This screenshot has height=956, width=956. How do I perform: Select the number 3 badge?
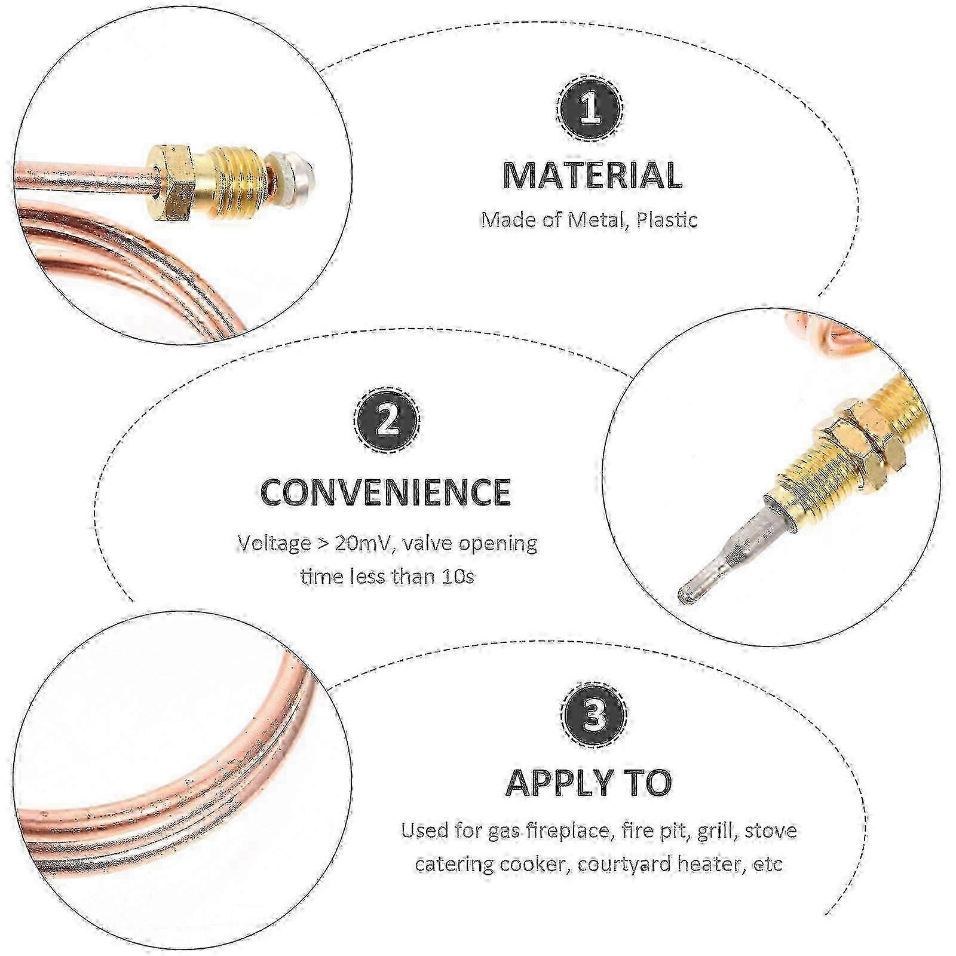(593, 715)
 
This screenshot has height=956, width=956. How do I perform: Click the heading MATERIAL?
(592, 176)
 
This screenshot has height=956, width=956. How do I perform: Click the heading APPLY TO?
(589, 782)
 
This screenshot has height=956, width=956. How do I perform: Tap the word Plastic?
(666, 220)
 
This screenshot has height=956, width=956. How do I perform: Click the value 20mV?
(361, 544)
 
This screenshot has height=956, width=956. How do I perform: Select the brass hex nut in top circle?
(171, 182)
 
